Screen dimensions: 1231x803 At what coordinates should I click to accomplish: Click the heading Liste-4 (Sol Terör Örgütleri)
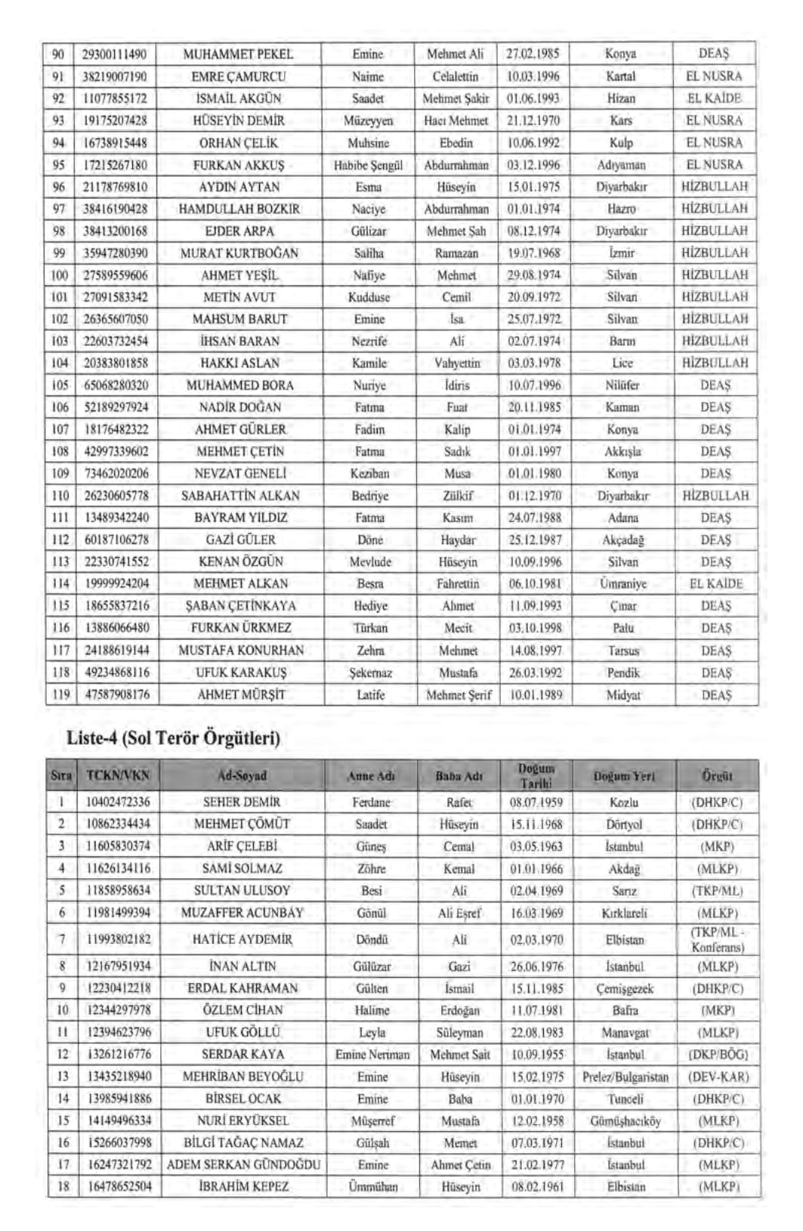tap(173, 738)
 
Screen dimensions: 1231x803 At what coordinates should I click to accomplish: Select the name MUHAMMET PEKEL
tap(238, 54)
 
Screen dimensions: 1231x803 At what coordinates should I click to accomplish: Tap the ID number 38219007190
tap(115, 76)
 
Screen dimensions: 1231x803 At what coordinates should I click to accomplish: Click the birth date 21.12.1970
tap(533, 121)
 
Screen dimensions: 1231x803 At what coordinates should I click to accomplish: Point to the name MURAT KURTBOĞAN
tap(239, 253)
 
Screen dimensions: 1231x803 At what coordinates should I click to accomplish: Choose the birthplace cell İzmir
tap(621, 253)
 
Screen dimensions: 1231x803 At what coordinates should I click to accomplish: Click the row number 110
tap(60, 496)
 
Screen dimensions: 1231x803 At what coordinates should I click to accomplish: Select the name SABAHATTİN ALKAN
tap(240, 496)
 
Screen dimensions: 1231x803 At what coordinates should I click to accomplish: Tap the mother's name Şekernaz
tap(370, 673)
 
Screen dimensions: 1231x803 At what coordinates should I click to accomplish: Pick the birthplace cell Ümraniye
tap(623, 585)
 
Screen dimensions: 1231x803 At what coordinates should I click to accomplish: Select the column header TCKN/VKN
tap(118, 776)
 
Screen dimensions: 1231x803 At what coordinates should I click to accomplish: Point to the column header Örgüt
tap(717, 776)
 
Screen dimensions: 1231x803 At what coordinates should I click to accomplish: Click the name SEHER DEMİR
tap(242, 802)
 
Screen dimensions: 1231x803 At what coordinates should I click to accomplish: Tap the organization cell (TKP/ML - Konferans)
tap(717, 939)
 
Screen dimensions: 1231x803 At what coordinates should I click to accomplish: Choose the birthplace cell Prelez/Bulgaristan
tap(625, 1077)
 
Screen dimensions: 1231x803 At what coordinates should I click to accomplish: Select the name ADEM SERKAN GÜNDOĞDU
tap(243, 1165)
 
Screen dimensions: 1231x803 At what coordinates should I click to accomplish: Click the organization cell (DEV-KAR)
tap(717, 1077)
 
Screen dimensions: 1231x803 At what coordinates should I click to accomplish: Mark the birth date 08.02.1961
tap(537, 1187)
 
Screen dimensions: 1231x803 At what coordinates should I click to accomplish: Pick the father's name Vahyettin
tap(456, 363)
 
